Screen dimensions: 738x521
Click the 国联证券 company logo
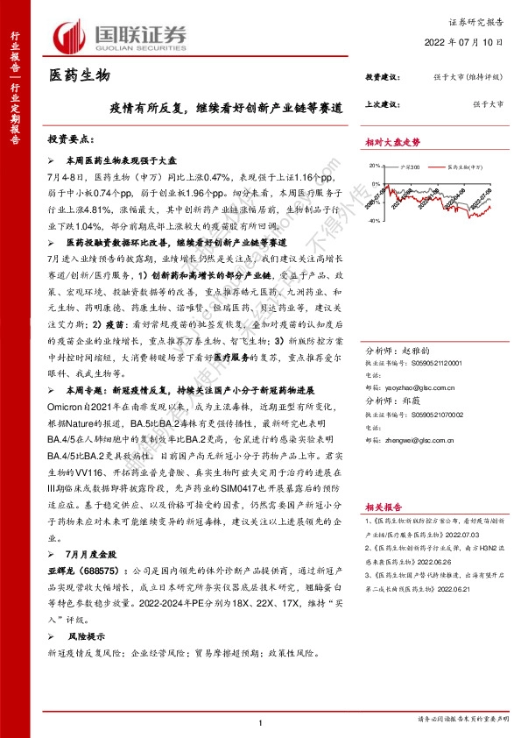click(x=123, y=36)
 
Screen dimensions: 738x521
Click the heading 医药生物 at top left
click(x=80, y=76)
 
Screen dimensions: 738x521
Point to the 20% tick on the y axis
click(x=375, y=164)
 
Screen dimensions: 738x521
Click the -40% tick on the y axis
click(x=375, y=221)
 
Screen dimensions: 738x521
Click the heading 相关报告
click(x=384, y=507)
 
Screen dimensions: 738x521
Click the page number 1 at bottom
click(x=260, y=721)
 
